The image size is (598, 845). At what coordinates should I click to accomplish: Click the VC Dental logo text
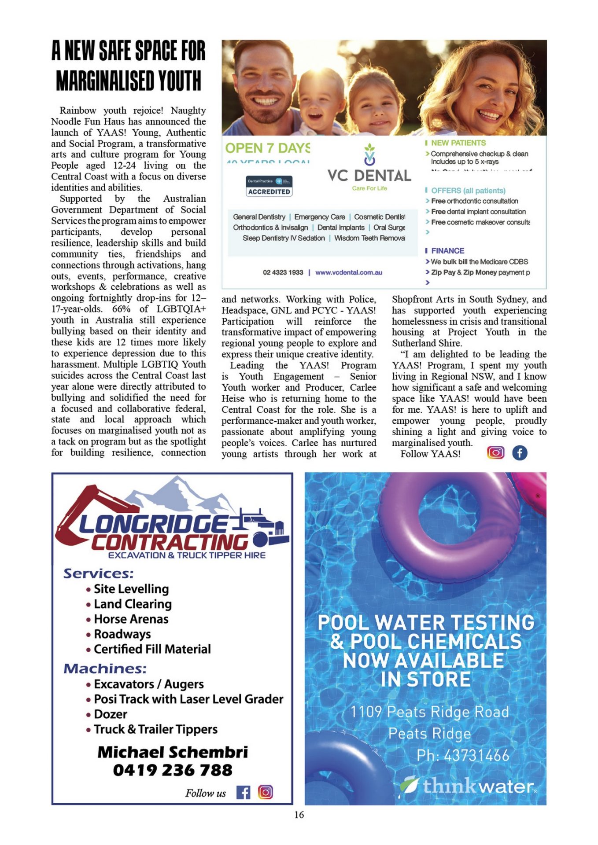pos(369,176)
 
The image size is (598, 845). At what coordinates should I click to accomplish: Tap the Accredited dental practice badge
pos(269,186)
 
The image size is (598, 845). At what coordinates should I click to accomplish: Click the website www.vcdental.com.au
pos(349,272)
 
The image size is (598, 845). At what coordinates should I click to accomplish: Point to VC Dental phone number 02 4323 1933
pos(283,272)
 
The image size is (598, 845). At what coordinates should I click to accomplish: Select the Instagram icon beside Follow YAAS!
pos(495,452)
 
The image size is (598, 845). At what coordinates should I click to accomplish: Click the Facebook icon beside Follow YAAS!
pos(520,452)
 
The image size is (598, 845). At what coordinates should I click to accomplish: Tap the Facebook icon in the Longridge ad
pos(243,792)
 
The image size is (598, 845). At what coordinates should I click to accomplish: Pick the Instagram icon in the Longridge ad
pos(265,792)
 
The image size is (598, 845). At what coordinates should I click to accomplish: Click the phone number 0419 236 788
pos(172,770)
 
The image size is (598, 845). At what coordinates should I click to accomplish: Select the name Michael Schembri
pos(172,752)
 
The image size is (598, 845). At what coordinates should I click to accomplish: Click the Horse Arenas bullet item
pos(131,619)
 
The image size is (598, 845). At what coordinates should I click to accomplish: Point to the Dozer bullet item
pos(110,714)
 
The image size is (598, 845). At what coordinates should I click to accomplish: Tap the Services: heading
pos(98,573)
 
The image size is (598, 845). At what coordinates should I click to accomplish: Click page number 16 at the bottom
pos(299,815)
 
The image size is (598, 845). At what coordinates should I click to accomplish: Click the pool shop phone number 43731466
pos(463,756)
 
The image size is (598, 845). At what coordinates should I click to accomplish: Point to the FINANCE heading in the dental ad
pos(447,250)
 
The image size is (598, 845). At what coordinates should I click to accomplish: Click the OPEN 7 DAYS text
pos(268,148)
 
